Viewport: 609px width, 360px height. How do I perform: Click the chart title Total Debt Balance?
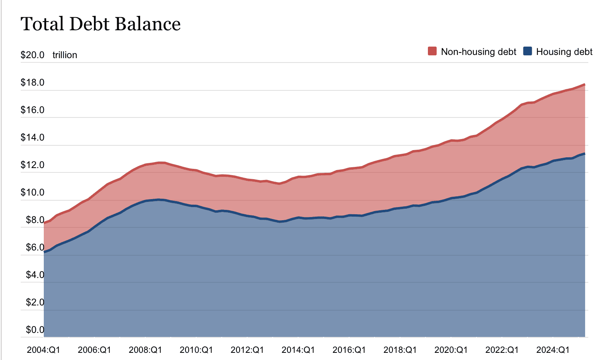point(100,24)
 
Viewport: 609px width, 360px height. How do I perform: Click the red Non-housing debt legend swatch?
point(432,51)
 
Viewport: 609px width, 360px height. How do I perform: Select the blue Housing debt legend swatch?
point(527,51)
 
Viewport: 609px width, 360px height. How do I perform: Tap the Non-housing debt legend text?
point(478,52)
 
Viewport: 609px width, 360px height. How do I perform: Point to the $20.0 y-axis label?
point(32,55)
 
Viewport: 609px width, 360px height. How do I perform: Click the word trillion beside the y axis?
point(65,55)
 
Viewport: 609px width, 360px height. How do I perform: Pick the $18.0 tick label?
point(32,82)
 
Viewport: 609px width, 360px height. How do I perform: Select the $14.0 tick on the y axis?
point(32,137)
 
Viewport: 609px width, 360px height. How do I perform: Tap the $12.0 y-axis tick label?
point(32,165)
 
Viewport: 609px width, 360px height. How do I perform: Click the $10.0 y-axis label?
point(32,192)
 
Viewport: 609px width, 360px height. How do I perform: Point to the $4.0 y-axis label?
point(35,275)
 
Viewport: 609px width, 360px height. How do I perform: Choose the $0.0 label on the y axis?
point(35,330)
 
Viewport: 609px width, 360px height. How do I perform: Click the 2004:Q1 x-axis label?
point(43,350)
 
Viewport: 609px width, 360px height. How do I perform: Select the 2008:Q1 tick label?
point(145,350)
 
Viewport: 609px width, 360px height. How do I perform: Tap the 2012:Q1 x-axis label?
point(247,350)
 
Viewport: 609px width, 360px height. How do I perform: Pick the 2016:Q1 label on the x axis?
point(349,350)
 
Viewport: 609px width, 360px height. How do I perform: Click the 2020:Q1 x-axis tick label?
point(451,350)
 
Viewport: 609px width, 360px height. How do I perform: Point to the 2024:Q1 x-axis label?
point(553,350)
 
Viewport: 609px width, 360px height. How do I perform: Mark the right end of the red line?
point(584,84)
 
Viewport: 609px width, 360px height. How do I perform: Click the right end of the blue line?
point(584,154)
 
